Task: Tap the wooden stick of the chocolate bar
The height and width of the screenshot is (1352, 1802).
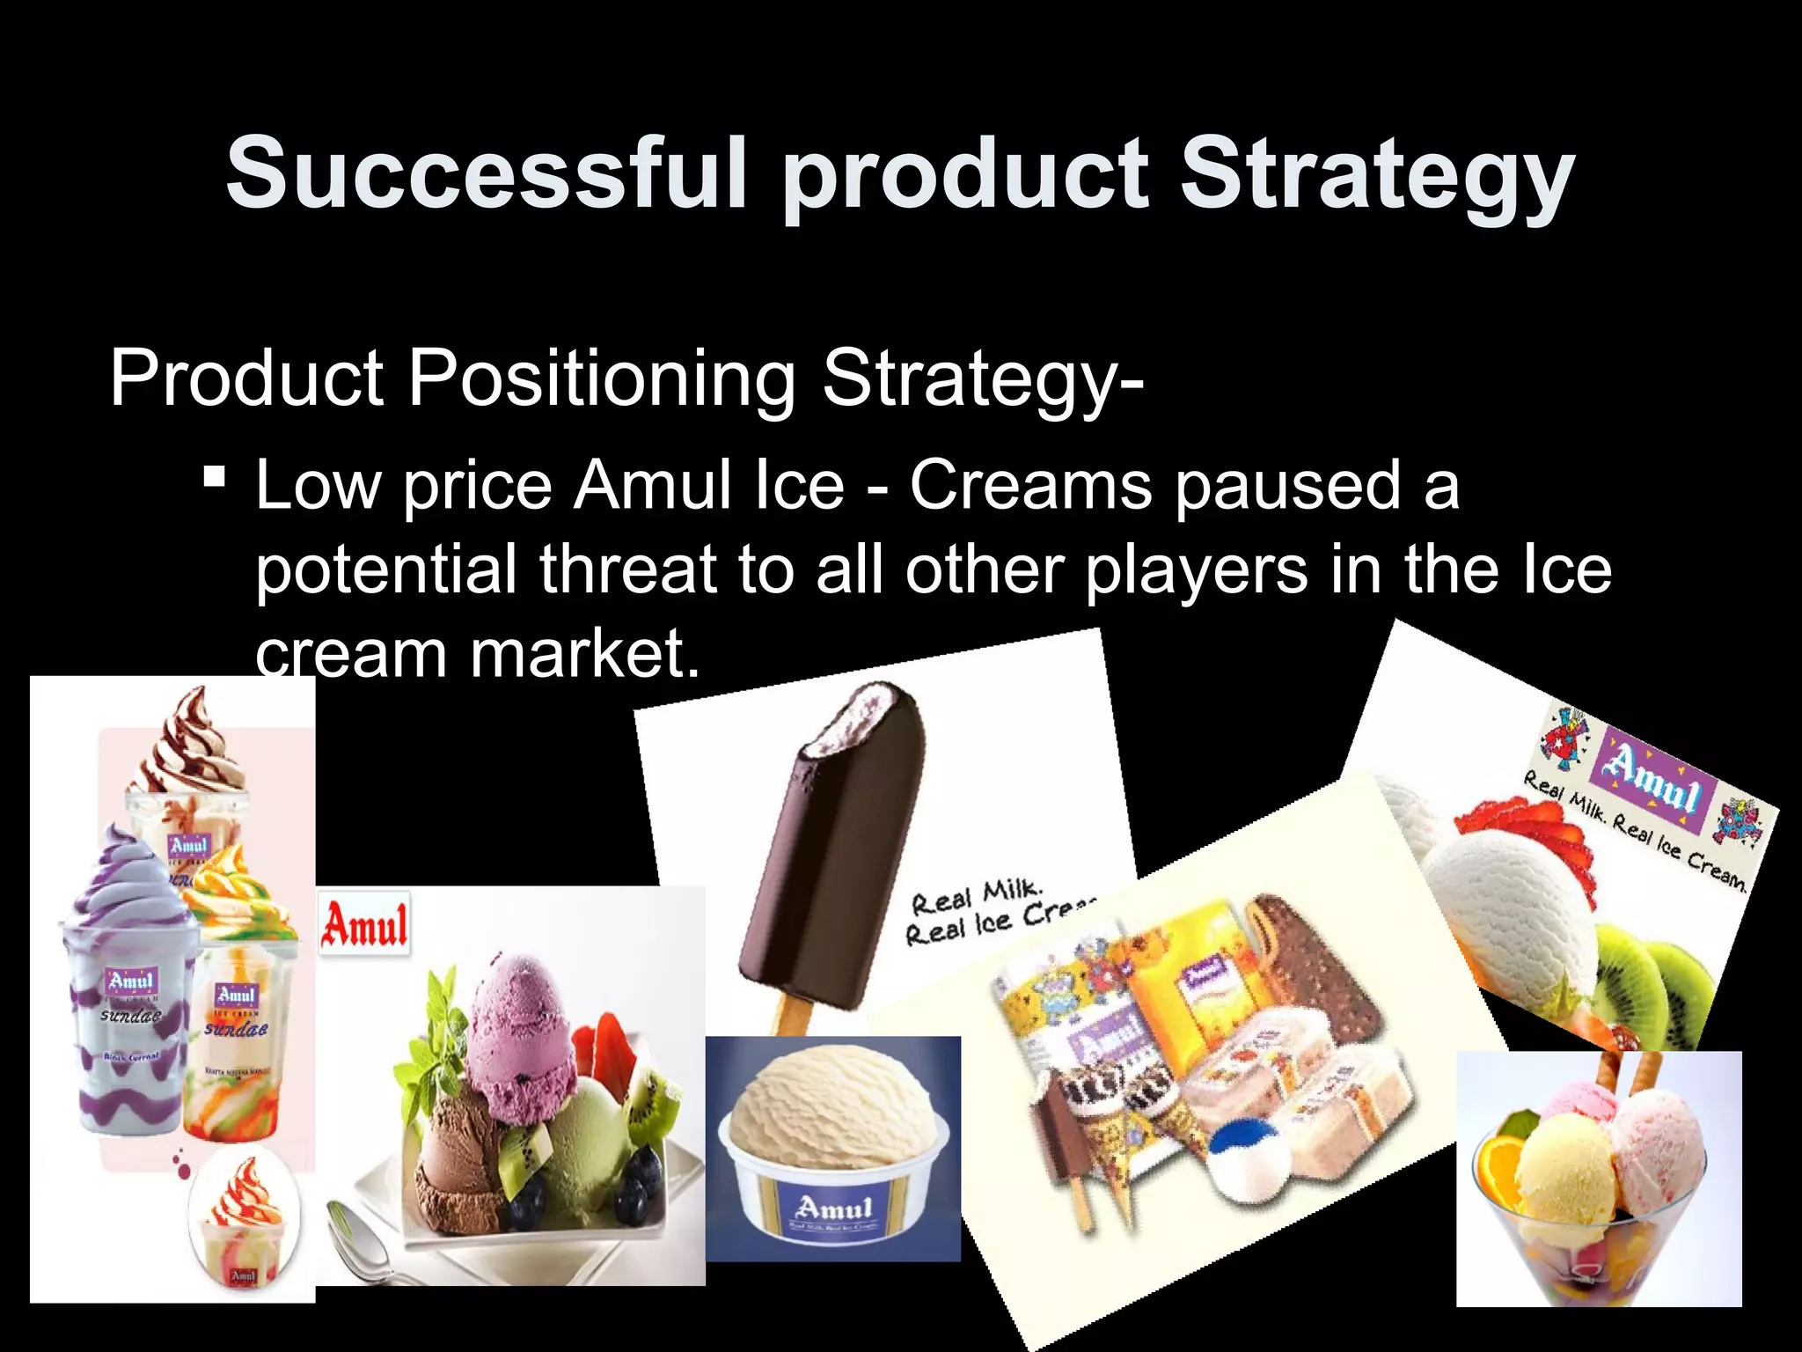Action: [x=790, y=1012]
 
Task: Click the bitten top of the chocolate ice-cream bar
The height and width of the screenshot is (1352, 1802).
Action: [x=867, y=717]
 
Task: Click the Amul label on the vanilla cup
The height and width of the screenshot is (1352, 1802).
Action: [x=832, y=1208]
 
